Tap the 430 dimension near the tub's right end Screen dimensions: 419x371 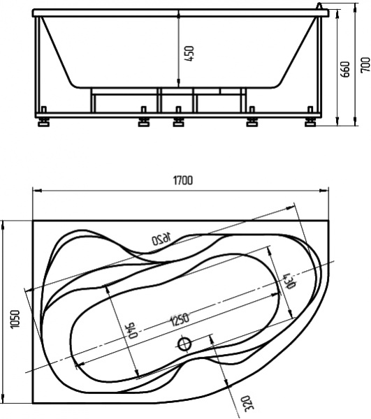click(287, 280)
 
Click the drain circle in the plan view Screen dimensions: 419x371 click(185, 344)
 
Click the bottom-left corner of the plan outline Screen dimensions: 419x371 click(34, 404)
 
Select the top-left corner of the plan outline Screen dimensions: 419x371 click(34, 221)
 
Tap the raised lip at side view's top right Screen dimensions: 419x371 click(322, 9)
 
